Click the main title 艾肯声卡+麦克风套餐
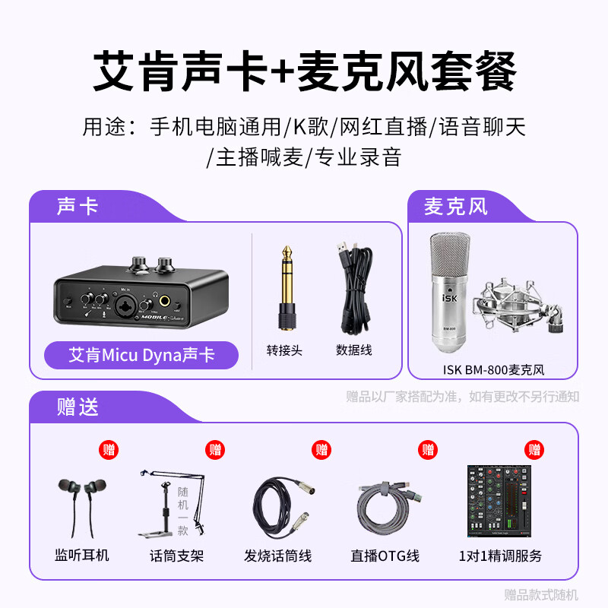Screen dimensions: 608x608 click(x=304, y=72)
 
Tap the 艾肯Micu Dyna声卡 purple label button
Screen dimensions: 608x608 click(x=141, y=355)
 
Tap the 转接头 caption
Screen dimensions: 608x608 click(x=285, y=350)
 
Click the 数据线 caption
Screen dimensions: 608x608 click(x=353, y=350)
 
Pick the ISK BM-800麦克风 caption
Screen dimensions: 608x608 click(x=493, y=370)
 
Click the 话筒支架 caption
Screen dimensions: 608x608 click(x=176, y=556)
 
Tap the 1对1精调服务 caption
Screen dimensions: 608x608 click(x=500, y=556)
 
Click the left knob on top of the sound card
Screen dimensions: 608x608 click(x=138, y=264)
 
